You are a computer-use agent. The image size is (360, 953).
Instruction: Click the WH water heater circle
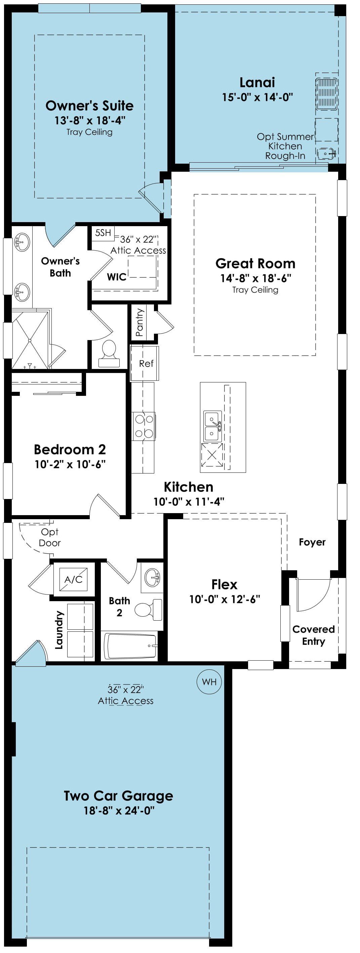point(209,682)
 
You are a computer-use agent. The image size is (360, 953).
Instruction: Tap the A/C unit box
point(73,579)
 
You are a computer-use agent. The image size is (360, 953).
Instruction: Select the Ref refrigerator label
point(146,364)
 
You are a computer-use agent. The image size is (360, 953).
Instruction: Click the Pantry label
point(139,322)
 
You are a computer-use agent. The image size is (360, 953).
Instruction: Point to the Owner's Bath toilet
point(109,353)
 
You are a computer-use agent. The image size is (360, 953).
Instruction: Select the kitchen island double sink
point(213,426)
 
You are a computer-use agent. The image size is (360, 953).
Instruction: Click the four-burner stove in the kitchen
point(144,426)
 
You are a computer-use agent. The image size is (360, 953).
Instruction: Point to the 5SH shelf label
point(103,233)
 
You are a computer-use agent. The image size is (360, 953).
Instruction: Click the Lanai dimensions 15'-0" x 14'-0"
point(257,97)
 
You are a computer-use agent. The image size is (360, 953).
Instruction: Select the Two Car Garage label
point(118,795)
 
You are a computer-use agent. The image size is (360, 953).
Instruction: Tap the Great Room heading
point(255,263)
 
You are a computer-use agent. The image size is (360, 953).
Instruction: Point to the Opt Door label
point(49,537)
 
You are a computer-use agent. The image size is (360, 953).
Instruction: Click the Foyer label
point(312,542)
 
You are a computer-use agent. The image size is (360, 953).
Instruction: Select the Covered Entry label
point(313,635)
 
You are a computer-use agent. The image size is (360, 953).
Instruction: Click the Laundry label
point(59,630)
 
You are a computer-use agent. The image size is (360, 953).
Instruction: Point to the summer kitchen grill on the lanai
point(327,94)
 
